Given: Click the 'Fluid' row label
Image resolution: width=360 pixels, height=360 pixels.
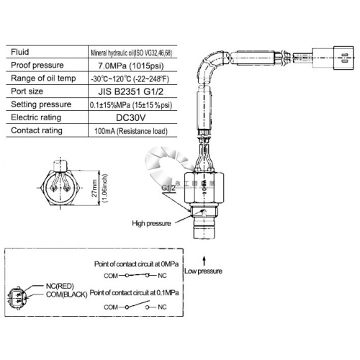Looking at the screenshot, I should click(20, 53).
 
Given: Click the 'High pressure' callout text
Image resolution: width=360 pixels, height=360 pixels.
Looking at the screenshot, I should click(152, 224).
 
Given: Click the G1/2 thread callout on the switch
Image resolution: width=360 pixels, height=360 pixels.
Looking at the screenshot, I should click(169, 188).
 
